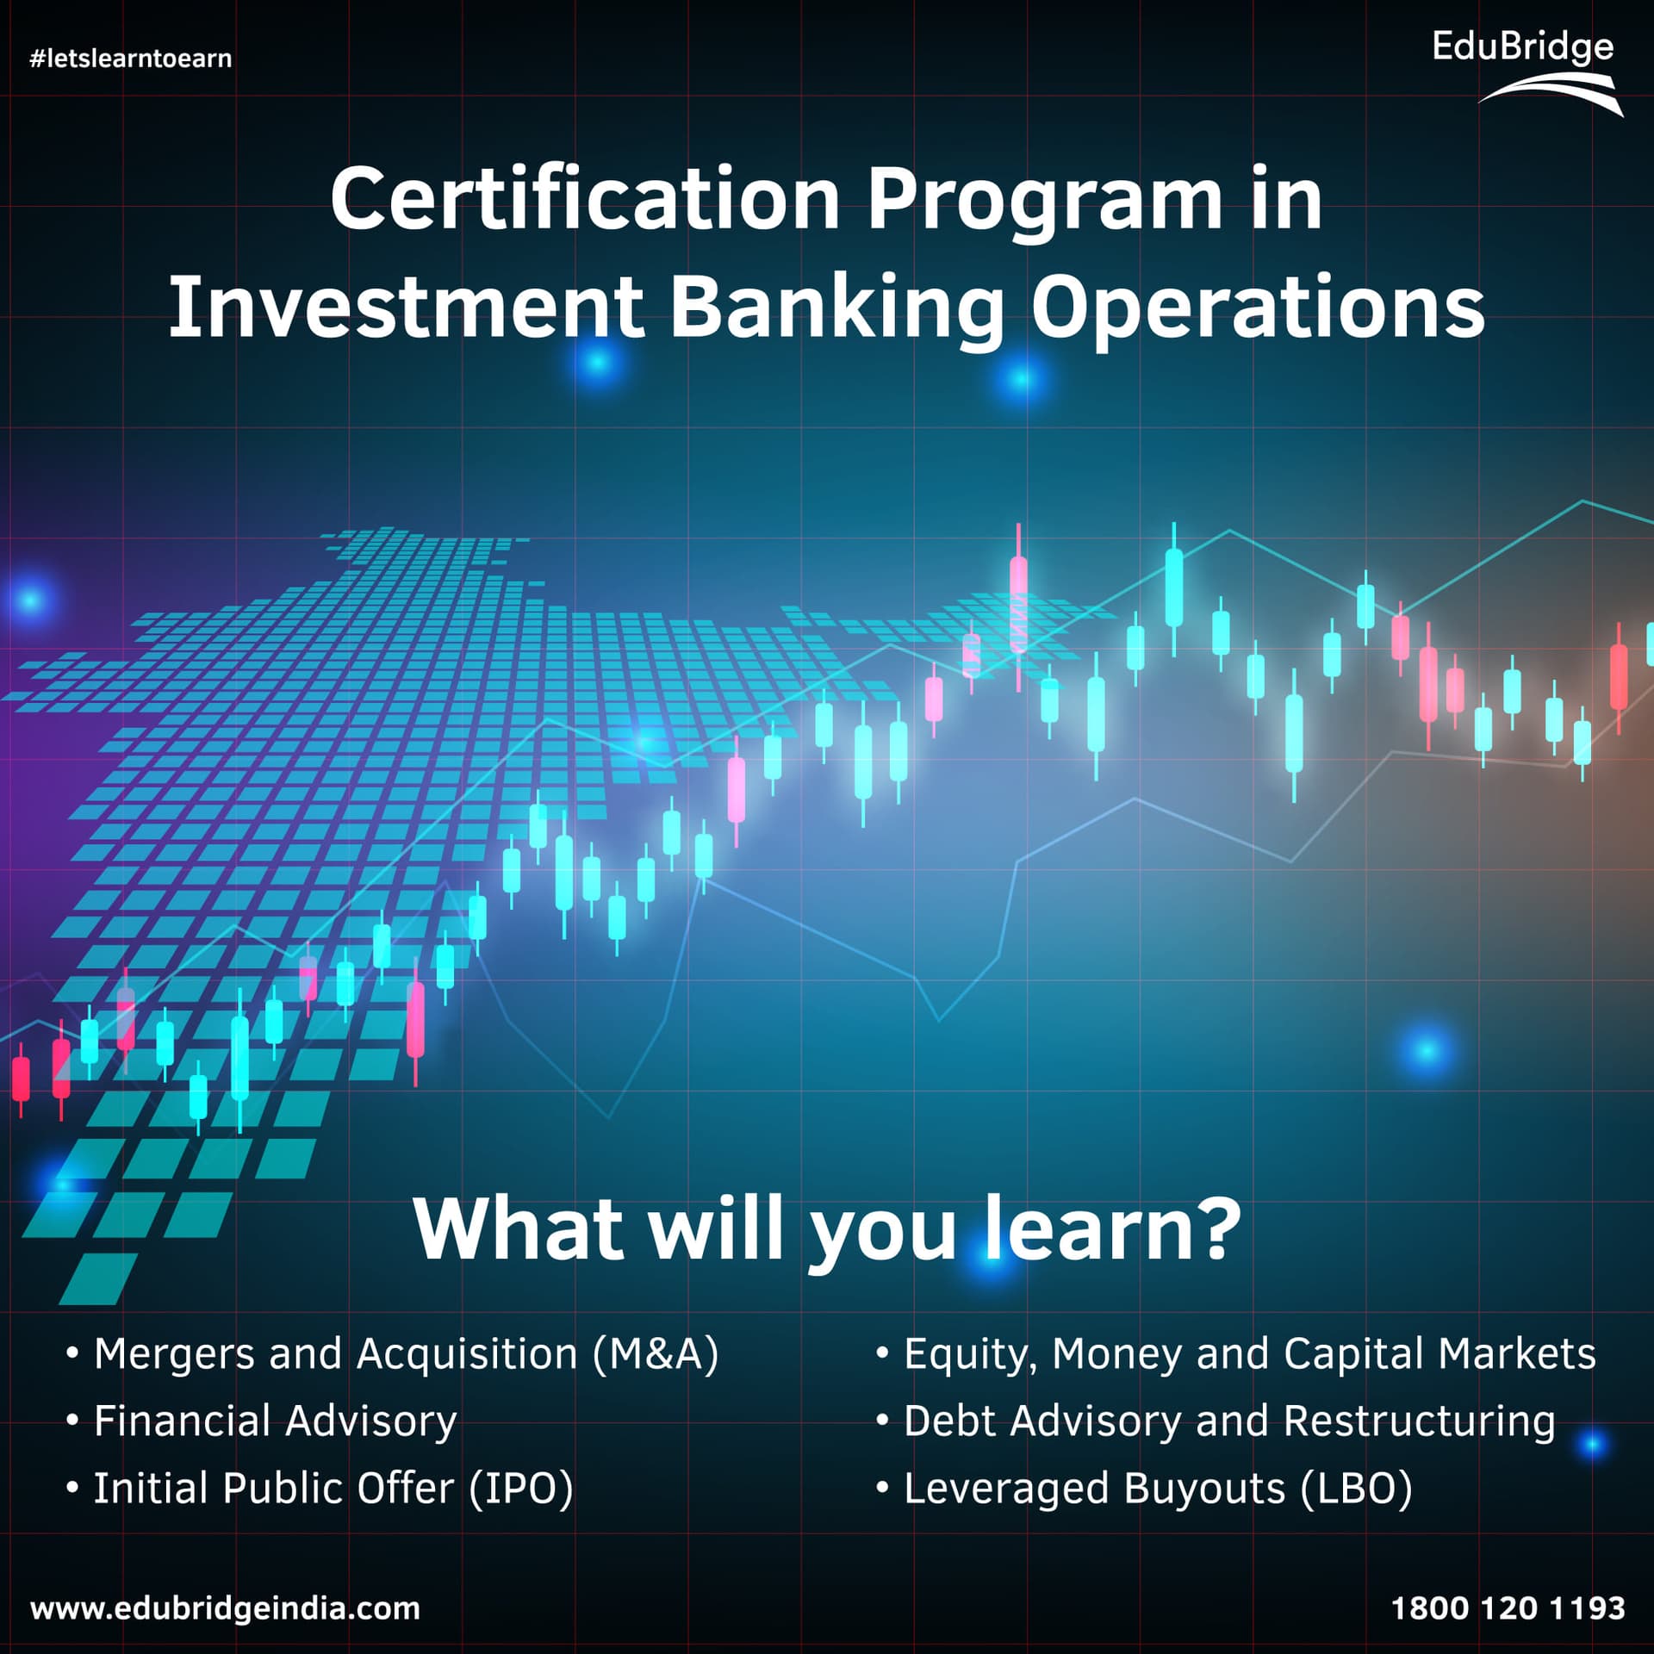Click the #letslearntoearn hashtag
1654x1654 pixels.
[131, 59]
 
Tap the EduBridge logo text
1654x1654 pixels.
[1522, 47]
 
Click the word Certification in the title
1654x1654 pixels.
[585, 200]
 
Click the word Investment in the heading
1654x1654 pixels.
[406, 308]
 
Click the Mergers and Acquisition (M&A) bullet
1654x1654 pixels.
[392, 1353]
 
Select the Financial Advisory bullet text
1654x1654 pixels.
[261, 1421]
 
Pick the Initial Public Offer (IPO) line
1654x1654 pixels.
[320, 1488]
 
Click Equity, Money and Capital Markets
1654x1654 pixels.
[1235, 1353]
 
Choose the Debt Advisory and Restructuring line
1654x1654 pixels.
[1216, 1421]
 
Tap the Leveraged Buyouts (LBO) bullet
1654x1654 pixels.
[1144, 1488]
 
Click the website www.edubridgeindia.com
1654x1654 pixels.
[225, 1608]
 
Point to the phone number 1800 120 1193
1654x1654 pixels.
[1508, 1607]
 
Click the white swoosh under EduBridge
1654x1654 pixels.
[1551, 93]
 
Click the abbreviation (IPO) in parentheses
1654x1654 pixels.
[521, 1489]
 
